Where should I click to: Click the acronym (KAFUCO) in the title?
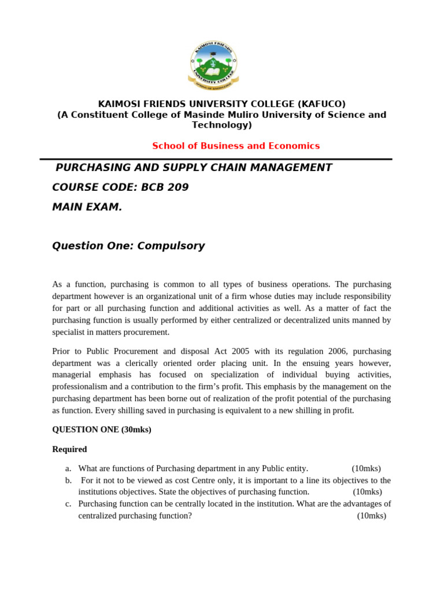click(x=321, y=104)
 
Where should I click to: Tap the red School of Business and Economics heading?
click(x=235, y=146)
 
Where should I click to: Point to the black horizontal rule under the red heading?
click(x=216, y=159)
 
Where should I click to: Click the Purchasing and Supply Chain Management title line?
click(x=193, y=168)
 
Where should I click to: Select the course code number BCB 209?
click(x=168, y=187)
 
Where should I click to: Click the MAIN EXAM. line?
click(x=87, y=207)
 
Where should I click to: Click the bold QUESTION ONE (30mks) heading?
click(x=102, y=430)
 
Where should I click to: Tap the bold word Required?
click(x=69, y=449)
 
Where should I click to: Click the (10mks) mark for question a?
click(x=366, y=469)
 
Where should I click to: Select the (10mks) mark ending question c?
click(x=371, y=516)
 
